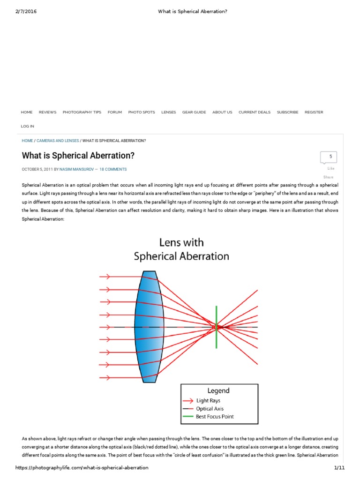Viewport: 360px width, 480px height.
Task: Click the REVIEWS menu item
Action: (47, 112)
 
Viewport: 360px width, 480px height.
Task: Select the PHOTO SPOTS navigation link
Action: (142, 112)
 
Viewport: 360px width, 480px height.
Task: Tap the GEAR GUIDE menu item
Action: (194, 112)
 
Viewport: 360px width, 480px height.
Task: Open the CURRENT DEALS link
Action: (255, 112)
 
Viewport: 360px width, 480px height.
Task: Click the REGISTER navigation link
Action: (314, 112)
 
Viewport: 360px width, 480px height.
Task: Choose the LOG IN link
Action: (28, 126)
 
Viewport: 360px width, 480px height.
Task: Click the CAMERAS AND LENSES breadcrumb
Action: (57, 141)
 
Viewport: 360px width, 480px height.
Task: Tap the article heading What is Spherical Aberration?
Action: (78, 155)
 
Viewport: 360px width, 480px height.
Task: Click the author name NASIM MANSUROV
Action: (76, 169)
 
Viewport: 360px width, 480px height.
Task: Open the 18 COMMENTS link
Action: (113, 169)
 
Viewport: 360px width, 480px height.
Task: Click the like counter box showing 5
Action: (328, 157)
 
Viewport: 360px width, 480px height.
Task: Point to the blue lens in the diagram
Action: (149, 327)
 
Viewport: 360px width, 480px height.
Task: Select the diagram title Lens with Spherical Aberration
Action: (181, 249)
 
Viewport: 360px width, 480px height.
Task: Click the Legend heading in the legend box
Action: (218, 390)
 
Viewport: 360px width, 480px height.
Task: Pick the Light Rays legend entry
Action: (208, 401)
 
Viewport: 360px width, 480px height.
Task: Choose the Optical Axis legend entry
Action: (210, 409)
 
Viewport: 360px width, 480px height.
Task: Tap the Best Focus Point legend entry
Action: (215, 416)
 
